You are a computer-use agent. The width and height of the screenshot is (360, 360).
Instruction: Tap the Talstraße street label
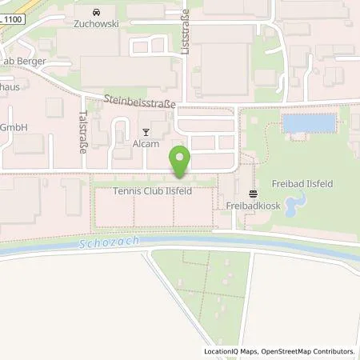pos(82,131)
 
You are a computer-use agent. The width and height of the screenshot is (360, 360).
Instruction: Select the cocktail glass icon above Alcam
pos(145,132)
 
